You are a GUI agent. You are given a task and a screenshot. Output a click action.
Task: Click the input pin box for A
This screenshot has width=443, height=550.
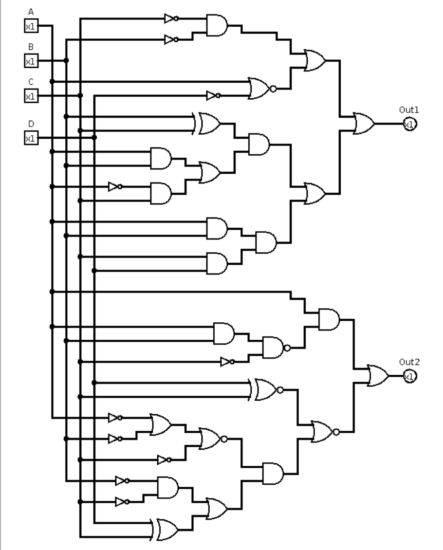[x=31, y=26]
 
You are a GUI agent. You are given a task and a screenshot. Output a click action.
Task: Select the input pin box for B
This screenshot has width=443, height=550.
[x=31, y=61]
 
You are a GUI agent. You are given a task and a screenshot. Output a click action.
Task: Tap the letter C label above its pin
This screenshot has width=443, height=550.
[x=31, y=82]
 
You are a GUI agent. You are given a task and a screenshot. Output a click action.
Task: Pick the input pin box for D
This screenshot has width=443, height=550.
[x=31, y=138]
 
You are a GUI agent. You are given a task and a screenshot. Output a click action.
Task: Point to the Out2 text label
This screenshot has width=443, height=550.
[x=409, y=362]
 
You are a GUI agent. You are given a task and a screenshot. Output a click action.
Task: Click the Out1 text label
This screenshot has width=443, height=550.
[x=409, y=110]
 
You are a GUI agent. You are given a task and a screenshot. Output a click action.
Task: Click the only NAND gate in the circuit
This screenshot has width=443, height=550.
[x=275, y=348]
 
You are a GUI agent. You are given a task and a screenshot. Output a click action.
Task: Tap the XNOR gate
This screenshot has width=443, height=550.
[x=266, y=389]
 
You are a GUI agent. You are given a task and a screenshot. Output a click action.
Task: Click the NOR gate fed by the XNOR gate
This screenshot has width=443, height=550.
[x=323, y=431]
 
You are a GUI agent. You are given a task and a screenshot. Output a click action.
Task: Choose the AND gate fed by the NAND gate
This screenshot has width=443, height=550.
[x=329, y=319]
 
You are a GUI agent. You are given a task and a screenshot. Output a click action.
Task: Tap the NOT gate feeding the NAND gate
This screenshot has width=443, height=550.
[x=226, y=362]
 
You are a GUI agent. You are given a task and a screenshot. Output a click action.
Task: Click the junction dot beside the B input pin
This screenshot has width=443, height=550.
[x=66, y=61]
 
